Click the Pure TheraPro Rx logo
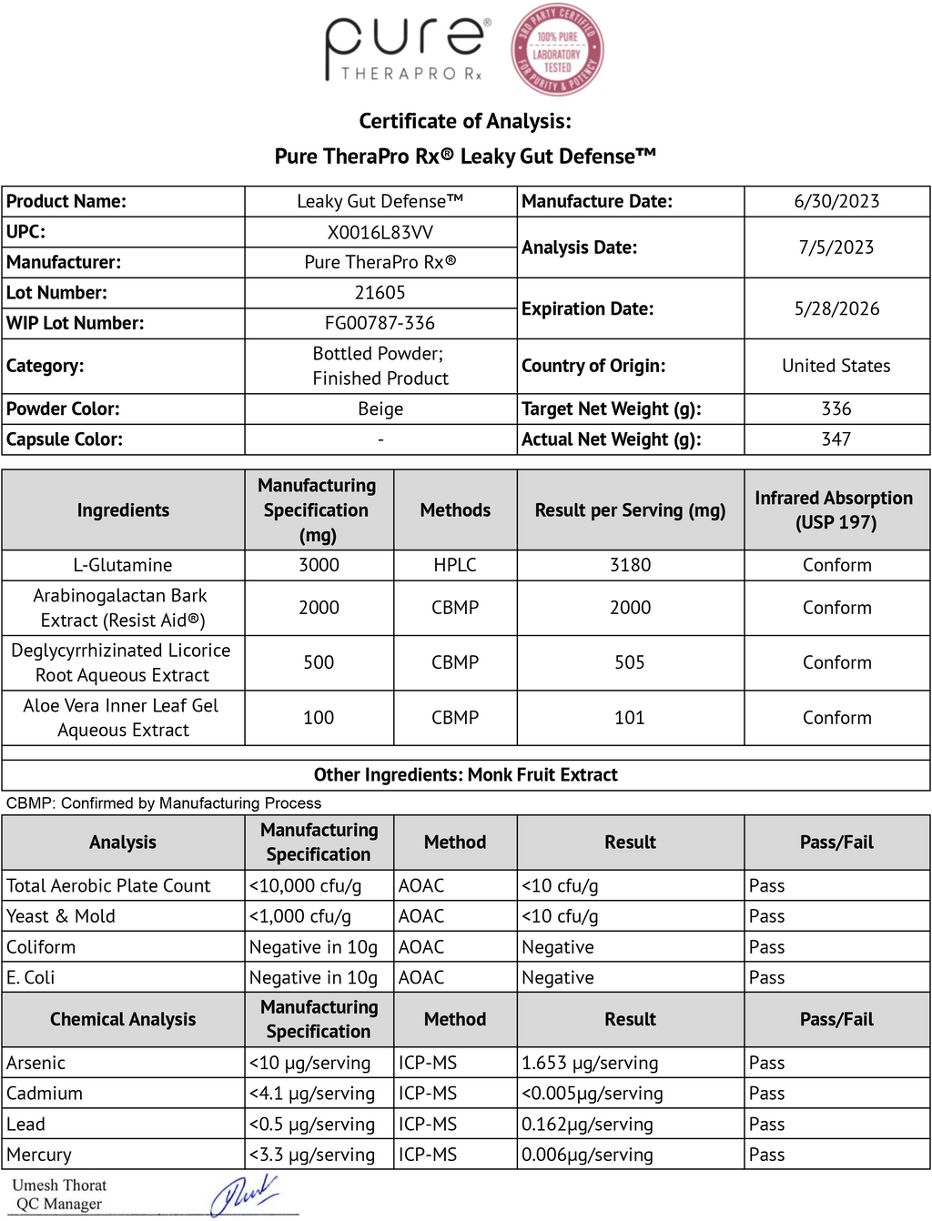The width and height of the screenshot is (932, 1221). coord(406,48)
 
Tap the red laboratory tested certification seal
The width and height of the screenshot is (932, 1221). coord(557,50)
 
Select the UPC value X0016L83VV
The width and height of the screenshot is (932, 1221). coord(380,232)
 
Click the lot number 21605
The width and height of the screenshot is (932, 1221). coord(380,293)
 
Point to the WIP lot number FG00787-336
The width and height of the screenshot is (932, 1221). coord(380,323)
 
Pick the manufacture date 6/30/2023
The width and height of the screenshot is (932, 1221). coord(836,201)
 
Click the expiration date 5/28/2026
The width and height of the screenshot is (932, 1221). coord(836,308)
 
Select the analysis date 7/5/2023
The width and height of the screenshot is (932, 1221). coord(836,247)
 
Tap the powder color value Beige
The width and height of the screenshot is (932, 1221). coord(380,409)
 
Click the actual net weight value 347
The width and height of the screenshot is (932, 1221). coord(836,439)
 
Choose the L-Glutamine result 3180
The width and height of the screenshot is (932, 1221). coord(630,565)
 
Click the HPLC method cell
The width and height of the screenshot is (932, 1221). coord(455,565)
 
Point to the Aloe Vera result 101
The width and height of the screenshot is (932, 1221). coord(630,718)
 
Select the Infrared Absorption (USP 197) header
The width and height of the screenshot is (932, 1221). coord(834,510)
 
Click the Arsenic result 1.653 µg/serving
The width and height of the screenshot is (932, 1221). coord(590,1063)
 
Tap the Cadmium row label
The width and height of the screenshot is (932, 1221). coord(45,1094)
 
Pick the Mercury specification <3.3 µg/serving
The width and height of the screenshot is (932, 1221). coord(312,1155)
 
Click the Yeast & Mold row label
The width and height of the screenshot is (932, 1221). coord(61,916)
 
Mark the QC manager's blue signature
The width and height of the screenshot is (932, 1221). coord(243,1195)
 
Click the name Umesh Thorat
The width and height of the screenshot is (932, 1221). coord(59,1185)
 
